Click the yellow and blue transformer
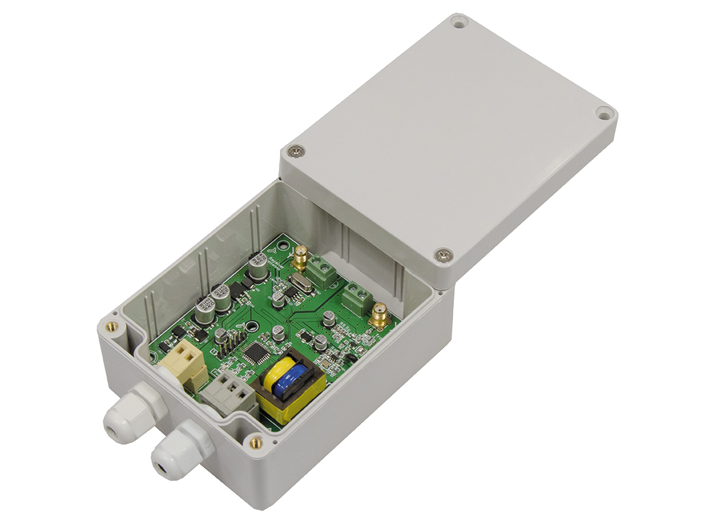pyautogui.click(x=290, y=388)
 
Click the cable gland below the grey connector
pyautogui.click(x=177, y=451)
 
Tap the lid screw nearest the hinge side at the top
pyautogui.click(x=297, y=149)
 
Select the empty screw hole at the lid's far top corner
pyautogui.click(x=459, y=23)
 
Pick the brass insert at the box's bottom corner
pyautogui.click(x=255, y=442)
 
